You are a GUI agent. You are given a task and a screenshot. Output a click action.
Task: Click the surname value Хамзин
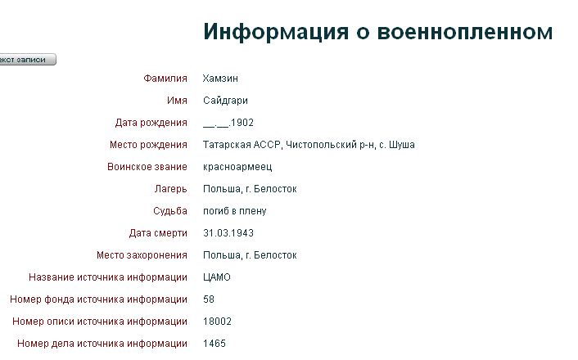coord(220,79)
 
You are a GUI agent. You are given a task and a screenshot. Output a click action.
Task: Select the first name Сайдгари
coord(225,101)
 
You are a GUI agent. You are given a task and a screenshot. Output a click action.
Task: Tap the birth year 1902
coord(242,123)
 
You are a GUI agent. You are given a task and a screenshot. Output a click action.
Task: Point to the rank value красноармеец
coord(237,167)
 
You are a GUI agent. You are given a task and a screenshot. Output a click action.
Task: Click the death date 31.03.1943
coord(228,233)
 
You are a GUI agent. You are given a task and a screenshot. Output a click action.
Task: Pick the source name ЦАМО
coord(217,277)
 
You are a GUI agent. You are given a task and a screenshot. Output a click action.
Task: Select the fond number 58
coord(209,299)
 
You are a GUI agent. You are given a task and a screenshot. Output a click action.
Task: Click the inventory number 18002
coord(217,322)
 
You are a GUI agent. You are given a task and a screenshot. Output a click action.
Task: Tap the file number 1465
coord(214,344)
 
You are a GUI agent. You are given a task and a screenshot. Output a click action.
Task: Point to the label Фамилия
coord(165,79)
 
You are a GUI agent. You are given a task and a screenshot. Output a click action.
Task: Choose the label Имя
coord(177,101)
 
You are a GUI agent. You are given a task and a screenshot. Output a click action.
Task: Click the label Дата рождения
coord(151,123)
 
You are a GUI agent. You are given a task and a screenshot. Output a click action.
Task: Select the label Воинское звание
coord(147,167)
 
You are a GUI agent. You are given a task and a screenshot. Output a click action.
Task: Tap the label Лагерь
coord(170,189)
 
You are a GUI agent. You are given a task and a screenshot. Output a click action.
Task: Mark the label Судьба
coord(170,212)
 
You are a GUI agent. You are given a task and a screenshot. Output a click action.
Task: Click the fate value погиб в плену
coord(234,212)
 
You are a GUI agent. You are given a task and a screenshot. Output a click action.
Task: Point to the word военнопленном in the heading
coord(465,32)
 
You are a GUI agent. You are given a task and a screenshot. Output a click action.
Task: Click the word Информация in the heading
coord(276,32)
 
